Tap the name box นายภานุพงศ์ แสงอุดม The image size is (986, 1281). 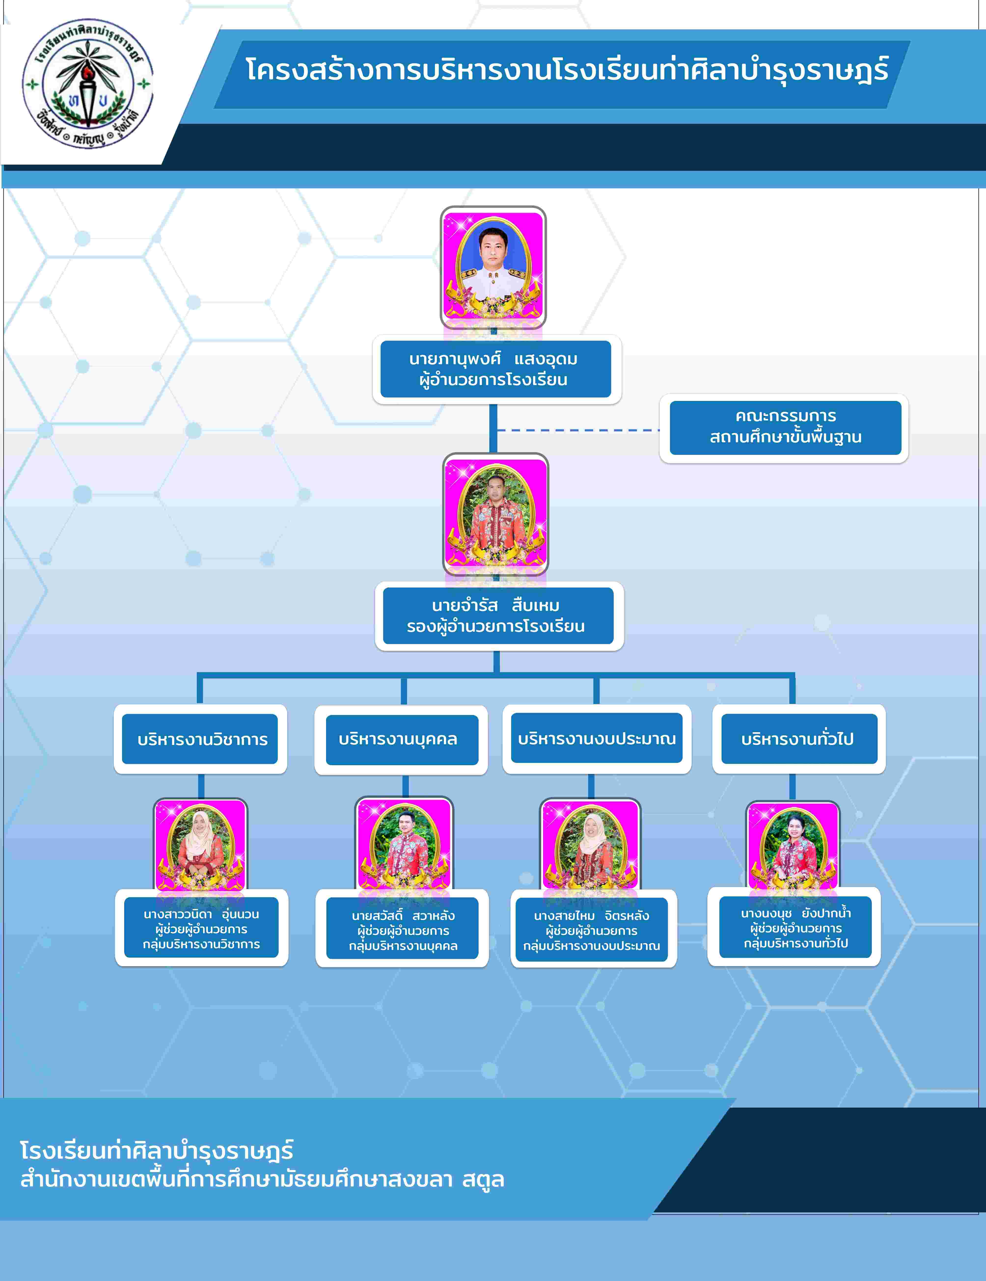[496, 369]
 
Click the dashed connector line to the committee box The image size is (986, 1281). [578, 430]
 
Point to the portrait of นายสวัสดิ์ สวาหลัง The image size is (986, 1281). [404, 843]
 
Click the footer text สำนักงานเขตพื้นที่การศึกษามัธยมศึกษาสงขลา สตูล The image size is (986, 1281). [262, 1180]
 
